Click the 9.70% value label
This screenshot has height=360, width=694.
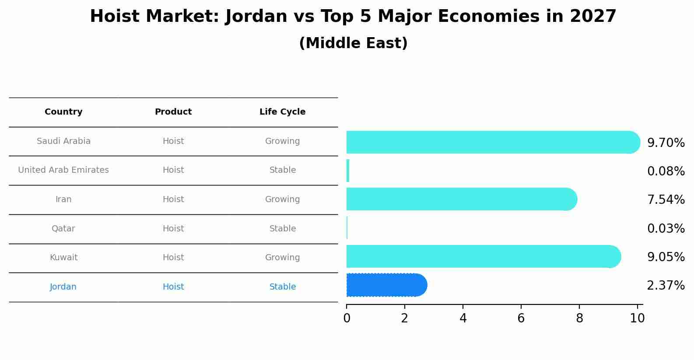[666, 143]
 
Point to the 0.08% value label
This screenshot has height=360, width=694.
[666, 171]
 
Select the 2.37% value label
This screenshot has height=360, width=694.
[666, 286]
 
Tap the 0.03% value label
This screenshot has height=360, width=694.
[666, 228]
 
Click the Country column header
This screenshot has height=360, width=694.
[63, 112]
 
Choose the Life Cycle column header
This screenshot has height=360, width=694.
[282, 112]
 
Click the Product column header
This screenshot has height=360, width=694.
[173, 112]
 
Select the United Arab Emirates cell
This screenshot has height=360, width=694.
[63, 170]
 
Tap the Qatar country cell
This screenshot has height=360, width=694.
[63, 228]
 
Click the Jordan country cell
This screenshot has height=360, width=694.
[63, 287]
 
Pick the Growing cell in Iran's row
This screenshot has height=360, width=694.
[282, 199]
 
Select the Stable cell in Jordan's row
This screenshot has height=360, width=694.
[282, 287]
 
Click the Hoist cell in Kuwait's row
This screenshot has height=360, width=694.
[173, 257]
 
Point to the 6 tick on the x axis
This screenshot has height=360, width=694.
[521, 318]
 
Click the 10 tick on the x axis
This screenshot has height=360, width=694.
[637, 318]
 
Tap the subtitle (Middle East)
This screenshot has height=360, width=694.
[353, 43]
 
